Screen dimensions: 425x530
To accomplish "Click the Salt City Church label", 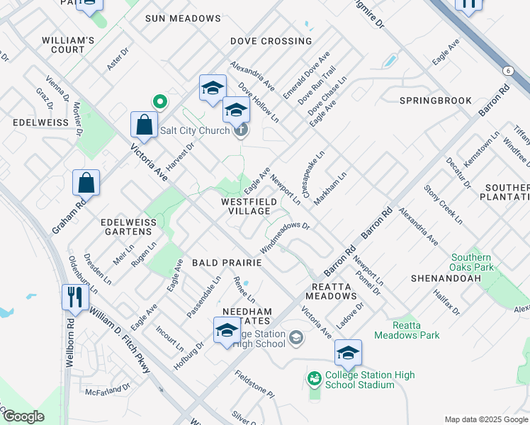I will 195,130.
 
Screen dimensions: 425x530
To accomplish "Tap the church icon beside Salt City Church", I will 241,130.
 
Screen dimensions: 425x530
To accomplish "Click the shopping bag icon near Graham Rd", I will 86,183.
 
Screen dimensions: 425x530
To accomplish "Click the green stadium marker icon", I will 313,380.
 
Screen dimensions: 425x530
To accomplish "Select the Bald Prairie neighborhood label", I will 227,263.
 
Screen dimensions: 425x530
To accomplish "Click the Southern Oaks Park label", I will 472,263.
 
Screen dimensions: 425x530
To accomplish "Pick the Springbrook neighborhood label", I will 435,101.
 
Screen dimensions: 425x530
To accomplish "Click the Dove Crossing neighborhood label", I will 271,41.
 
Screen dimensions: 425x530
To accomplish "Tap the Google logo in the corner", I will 23,416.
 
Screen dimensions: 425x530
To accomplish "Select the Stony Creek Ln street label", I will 443,203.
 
